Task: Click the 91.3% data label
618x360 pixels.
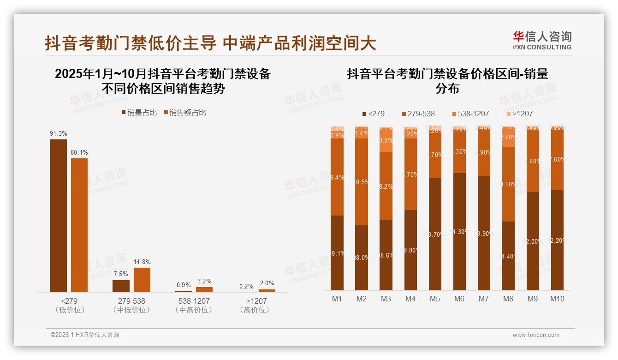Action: point(59,134)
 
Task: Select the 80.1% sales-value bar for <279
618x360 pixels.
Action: point(79,225)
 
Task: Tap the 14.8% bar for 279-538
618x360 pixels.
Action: point(142,280)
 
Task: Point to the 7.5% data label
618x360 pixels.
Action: point(121,274)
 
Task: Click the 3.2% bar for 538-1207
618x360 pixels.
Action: point(204,289)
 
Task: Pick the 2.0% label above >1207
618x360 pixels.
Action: point(267,283)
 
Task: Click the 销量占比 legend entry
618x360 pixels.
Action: point(139,113)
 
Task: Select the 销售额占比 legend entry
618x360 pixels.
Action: point(184,113)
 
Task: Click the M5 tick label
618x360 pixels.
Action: point(435,299)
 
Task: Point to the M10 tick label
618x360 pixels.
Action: point(557,299)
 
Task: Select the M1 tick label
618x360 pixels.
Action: point(337,299)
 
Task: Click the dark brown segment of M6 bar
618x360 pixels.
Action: point(459,231)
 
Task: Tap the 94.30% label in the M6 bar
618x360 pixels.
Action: point(459,232)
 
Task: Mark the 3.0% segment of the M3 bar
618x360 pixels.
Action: point(386,141)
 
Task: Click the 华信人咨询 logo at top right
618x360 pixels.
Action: point(542,40)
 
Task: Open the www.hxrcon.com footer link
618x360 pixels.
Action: point(536,335)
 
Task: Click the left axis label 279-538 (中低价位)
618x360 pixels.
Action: point(131,306)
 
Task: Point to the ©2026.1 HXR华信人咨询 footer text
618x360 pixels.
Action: point(85,335)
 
